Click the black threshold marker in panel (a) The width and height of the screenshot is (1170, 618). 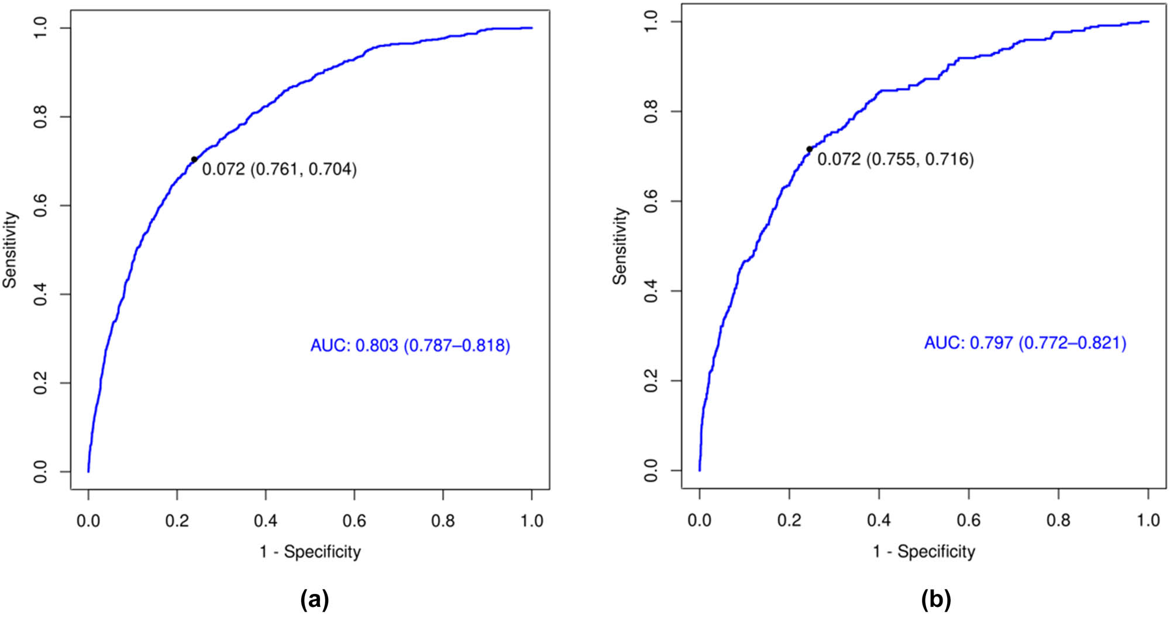point(194,159)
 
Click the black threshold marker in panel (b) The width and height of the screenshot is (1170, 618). point(810,149)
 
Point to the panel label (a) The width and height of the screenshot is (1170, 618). point(314,600)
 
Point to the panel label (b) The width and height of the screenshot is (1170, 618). point(936,600)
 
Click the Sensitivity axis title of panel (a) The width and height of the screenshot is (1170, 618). point(11,250)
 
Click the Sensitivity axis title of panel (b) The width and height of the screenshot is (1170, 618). point(620,246)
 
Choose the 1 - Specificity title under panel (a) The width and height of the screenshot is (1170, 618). point(310,552)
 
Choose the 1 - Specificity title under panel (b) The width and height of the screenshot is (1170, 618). point(924,551)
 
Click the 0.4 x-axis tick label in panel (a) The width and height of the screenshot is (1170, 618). point(266,520)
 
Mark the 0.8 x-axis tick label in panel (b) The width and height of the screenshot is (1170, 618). point(1058,520)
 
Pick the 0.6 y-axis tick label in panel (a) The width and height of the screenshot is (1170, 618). point(40,205)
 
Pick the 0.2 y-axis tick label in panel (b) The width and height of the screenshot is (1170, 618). point(651,381)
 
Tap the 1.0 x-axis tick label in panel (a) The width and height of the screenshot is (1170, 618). point(532,520)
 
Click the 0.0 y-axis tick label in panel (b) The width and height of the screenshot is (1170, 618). point(651,471)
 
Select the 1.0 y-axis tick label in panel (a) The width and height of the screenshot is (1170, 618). point(40,28)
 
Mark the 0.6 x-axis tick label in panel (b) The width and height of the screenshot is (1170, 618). point(969,520)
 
